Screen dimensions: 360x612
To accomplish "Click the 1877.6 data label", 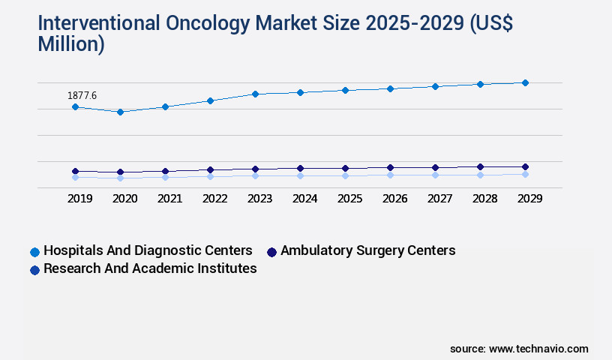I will [x=82, y=95].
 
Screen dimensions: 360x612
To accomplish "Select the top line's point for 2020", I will [x=120, y=112].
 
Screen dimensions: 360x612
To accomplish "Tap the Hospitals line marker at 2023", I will [x=255, y=94].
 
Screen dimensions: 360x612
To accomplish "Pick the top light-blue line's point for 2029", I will [x=525, y=82].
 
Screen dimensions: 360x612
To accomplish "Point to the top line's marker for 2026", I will [x=390, y=88].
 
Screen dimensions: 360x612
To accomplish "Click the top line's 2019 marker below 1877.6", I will [x=75, y=106].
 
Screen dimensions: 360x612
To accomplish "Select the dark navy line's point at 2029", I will [x=525, y=166].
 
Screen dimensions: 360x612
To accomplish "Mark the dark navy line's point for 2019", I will [x=75, y=171].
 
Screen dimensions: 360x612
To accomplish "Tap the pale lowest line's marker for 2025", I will [x=345, y=175].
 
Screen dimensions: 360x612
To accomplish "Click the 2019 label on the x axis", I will [x=80, y=199].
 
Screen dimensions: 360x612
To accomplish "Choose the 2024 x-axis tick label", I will [x=304, y=199].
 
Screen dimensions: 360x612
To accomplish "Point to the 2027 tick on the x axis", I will [x=439, y=199].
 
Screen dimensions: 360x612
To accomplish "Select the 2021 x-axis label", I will [x=169, y=199].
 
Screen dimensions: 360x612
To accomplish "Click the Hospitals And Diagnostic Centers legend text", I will [x=148, y=250].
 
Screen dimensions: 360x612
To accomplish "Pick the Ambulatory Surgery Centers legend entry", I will [x=367, y=250].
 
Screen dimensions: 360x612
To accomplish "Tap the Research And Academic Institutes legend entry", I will [x=150, y=268].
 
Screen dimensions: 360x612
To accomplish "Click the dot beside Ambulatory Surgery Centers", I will [x=271, y=252].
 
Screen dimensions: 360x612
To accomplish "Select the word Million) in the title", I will [x=71, y=44].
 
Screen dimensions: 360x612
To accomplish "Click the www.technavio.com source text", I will [x=538, y=349].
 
